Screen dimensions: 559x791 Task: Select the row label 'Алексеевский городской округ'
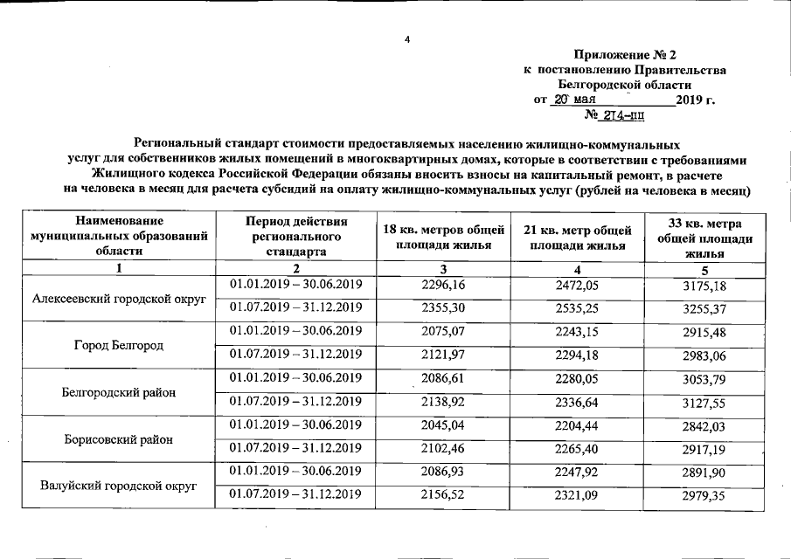(x=119, y=298)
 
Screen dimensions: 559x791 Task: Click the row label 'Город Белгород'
(x=119, y=345)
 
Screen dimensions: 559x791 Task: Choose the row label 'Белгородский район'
(x=119, y=392)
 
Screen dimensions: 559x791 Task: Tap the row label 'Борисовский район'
(x=119, y=438)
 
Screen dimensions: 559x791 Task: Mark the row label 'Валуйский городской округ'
(x=119, y=484)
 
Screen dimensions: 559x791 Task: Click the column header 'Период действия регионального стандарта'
(x=296, y=237)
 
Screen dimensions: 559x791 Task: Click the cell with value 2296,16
(x=444, y=285)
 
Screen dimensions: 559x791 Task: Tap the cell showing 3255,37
(x=704, y=308)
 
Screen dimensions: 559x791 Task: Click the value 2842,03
(x=704, y=425)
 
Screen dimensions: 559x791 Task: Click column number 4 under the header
(x=577, y=268)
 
